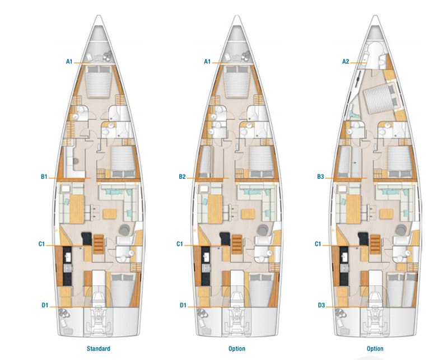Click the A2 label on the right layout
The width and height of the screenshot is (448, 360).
tap(346, 62)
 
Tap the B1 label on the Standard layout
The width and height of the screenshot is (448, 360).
tap(44, 177)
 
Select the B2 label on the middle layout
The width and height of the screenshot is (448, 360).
tap(183, 177)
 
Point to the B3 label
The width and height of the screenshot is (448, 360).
tap(320, 177)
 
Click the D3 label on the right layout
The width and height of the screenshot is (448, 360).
tap(321, 305)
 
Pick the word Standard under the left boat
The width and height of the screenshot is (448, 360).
tap(99, 349)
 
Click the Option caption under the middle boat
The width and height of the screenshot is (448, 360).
tap(237, 349)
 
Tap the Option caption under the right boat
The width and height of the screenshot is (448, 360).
tap(375, 349)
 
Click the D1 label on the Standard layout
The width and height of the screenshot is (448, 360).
tap(45, 305)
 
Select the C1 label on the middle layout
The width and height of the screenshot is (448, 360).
tap(179, 244)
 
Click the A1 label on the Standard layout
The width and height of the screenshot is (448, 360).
tap(69, 62)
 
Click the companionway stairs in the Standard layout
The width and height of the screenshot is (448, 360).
tap(99, 244)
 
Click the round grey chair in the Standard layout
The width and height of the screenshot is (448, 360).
tap(124, 230)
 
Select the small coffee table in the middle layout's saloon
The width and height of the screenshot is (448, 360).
tap(248, 214)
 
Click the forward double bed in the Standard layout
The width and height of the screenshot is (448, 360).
tap(99, 82)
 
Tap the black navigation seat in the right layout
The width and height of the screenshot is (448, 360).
tap(363, 239)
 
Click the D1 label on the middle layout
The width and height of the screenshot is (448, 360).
tap(183, 305)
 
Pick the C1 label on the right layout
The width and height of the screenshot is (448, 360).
tap(318, 244)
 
